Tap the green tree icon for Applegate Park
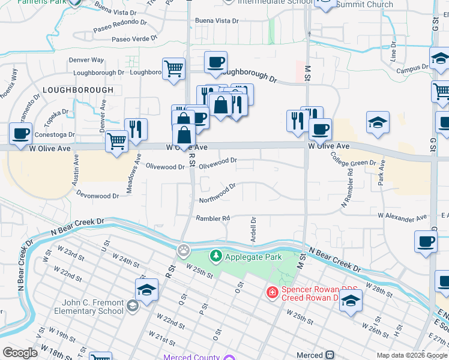point(215,257)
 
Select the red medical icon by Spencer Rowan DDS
point(272,293)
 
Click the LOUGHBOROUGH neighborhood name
point(78,90)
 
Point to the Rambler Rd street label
point(213,219)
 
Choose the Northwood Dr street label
point(217,193)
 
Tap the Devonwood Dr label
point(98,195)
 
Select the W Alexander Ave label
point(402,216)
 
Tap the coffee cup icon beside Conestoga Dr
point(21,133)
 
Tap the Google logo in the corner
point(20,353)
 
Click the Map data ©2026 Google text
point(411,355)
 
